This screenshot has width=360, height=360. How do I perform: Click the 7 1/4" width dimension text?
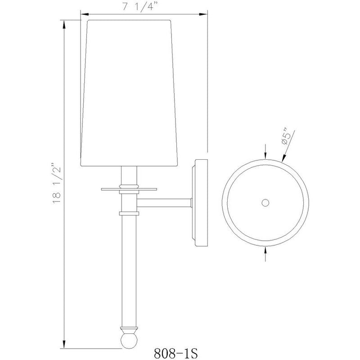click(142, 8)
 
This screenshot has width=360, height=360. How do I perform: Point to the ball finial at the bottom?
click(129, 338)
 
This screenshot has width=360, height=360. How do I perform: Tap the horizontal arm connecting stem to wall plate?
click(165, 203)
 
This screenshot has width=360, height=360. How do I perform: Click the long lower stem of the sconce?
click(129, 270)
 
